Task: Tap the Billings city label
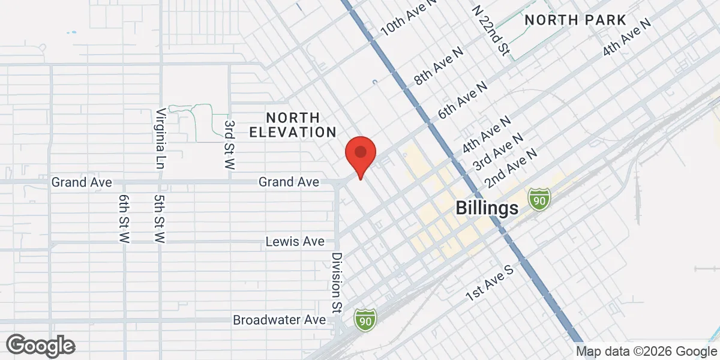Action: coord(487,208)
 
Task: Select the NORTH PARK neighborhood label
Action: coord(575,20)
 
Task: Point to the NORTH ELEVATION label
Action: coord(292,124)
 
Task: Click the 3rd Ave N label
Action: coord(498,151)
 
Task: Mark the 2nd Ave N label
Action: coord(511,167)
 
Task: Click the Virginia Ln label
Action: coord(160,138)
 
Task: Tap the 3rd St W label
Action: coord(229,144)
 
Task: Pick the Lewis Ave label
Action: coord(295,242)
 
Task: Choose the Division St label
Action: coord(336,282)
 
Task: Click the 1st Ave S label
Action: coord(491,284)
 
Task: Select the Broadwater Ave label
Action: coord(280,320)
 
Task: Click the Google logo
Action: coord(41,346)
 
